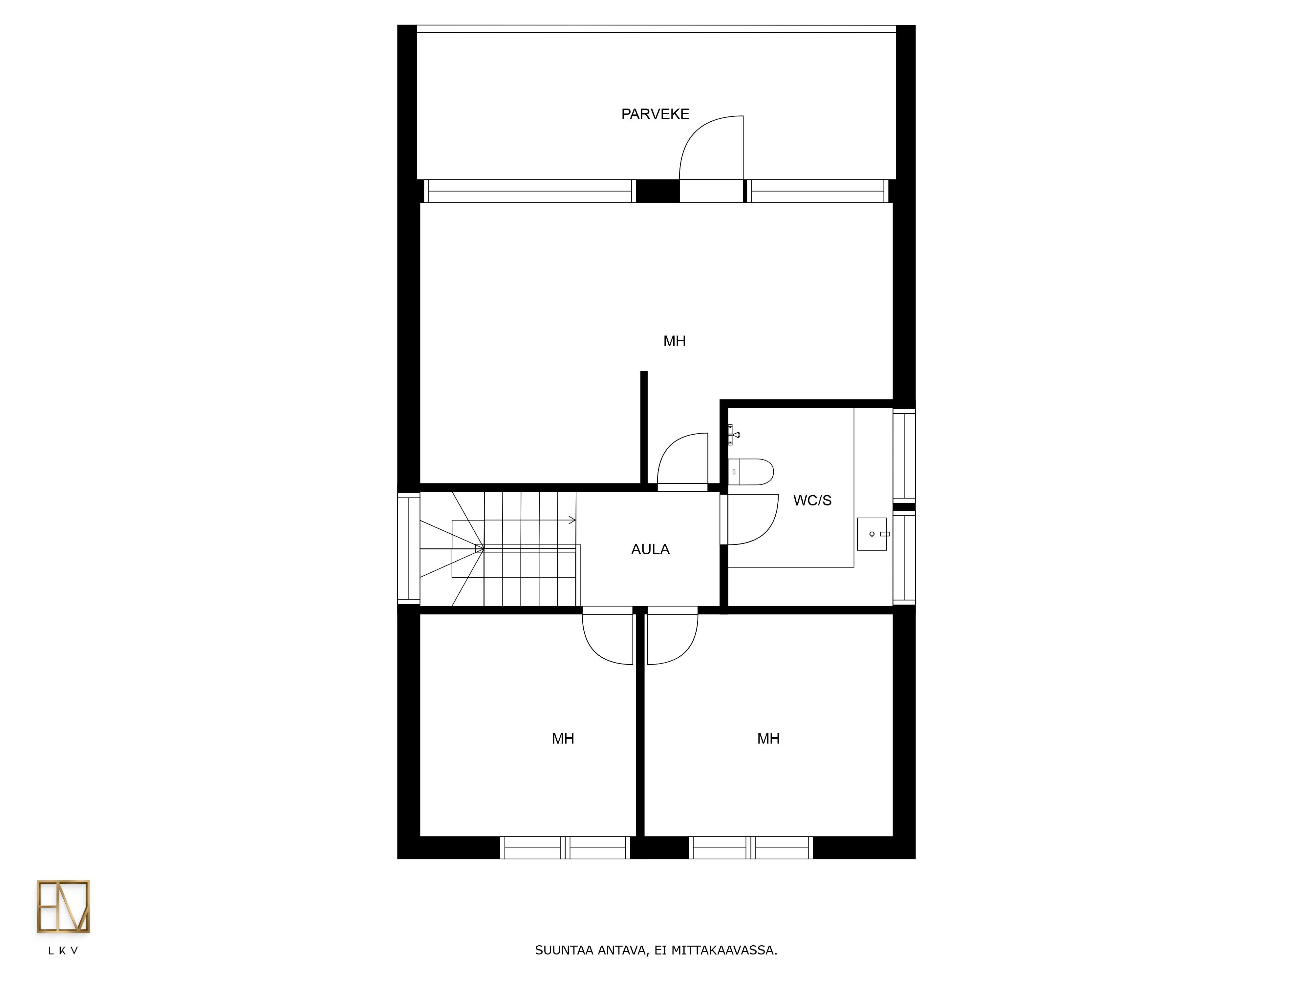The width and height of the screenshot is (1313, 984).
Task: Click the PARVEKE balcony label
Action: point(655,114)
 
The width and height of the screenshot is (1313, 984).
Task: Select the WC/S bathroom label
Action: point(812,500)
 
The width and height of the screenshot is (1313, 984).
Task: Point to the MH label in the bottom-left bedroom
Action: point(563,738)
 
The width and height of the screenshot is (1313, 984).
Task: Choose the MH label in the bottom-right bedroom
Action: point(768,738)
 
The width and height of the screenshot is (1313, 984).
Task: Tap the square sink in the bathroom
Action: point(872,534)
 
